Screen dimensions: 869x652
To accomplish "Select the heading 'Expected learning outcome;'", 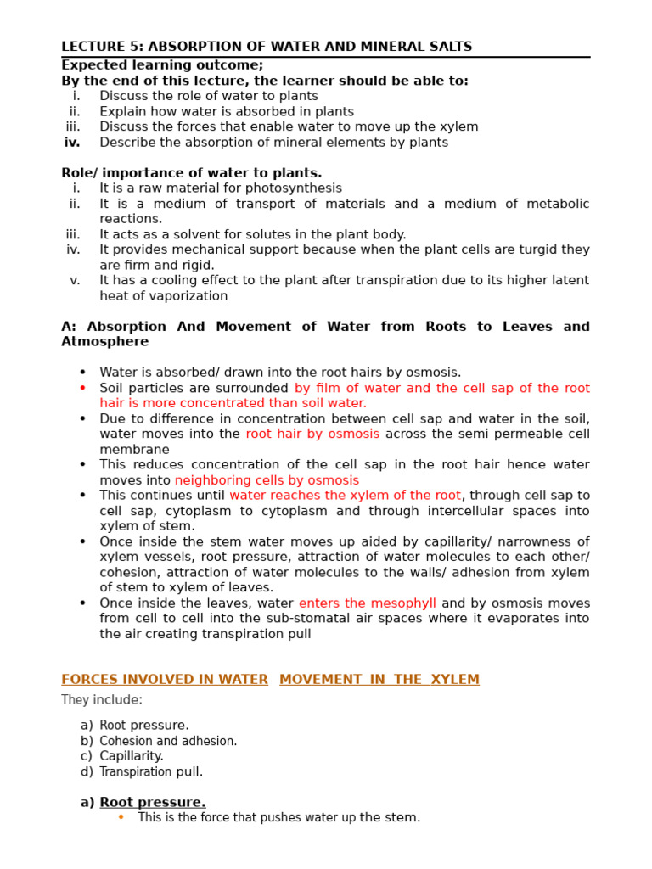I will coord(162,65).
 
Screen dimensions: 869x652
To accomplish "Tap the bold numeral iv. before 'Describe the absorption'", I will coord(72,143).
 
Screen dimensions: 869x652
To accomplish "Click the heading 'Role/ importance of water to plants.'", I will coord(191,173).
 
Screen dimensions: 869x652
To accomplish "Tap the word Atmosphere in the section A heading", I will coord(104,341).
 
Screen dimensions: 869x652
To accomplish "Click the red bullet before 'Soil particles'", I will coord(82,388).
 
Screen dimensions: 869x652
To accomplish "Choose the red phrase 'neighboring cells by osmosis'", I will coord(267,480).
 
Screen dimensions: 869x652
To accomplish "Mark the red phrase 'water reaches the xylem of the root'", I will coord(345,496).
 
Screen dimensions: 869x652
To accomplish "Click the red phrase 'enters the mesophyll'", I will coord(367,603).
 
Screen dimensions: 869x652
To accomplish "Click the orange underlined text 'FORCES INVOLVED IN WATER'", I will coord(165,680).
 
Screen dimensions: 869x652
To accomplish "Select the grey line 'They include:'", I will coord(102,700).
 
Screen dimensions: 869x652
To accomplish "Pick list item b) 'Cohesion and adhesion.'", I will coord(168,741).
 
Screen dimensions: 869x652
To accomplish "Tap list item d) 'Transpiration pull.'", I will coord(151,771).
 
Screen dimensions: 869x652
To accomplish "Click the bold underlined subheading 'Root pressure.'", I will coord(153,802).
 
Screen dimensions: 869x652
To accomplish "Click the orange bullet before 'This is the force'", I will coord(121,817).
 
